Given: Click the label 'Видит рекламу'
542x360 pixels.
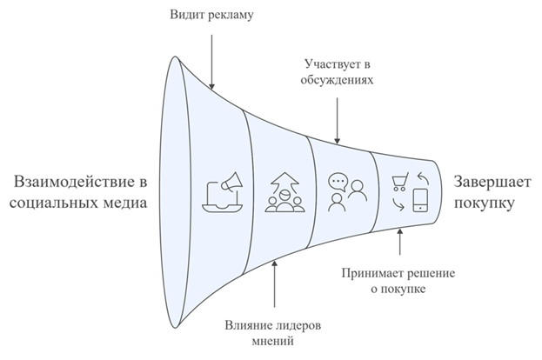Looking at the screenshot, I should [x=212, y=16].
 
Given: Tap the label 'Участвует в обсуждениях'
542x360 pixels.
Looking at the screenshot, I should [x=338, y=72].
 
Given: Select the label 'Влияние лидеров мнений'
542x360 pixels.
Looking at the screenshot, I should [x=275, y=333].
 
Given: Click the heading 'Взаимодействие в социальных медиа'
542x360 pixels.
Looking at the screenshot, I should [x=77, y=193].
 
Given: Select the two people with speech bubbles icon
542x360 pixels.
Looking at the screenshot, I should [x=342, y=192].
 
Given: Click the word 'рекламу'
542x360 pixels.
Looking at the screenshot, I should [x=230, y=16].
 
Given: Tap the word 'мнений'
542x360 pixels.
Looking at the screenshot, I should [x=275, y=341].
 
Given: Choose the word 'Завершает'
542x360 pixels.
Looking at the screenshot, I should [x=485, y=183].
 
